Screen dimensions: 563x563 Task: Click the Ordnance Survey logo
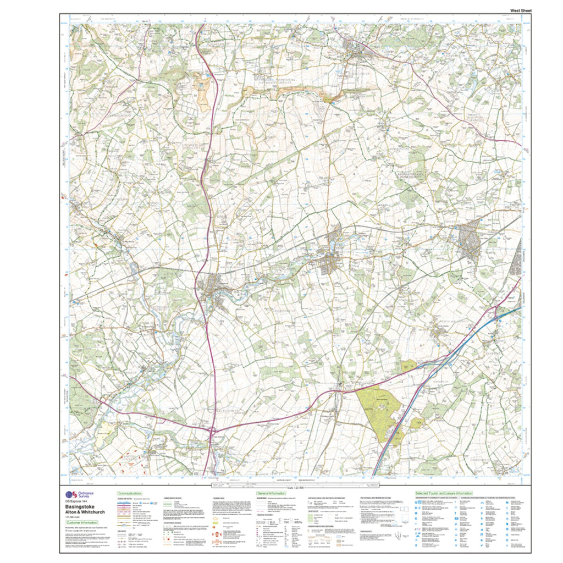[x=69, y=494]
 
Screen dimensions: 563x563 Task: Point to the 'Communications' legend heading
[x=130, y=494]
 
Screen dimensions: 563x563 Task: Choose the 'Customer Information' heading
[x=82, y=523]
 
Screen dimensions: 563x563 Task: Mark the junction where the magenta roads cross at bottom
[x=212, y=432]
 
